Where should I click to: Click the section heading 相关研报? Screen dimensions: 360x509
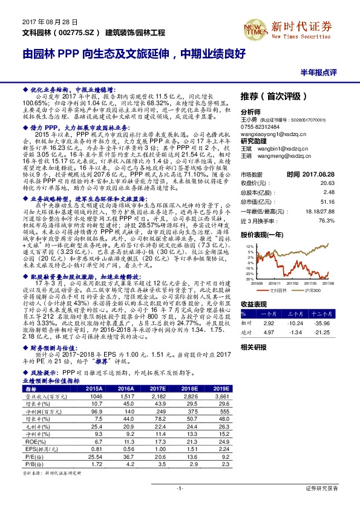pyautogui.click(x=254, y=347)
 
